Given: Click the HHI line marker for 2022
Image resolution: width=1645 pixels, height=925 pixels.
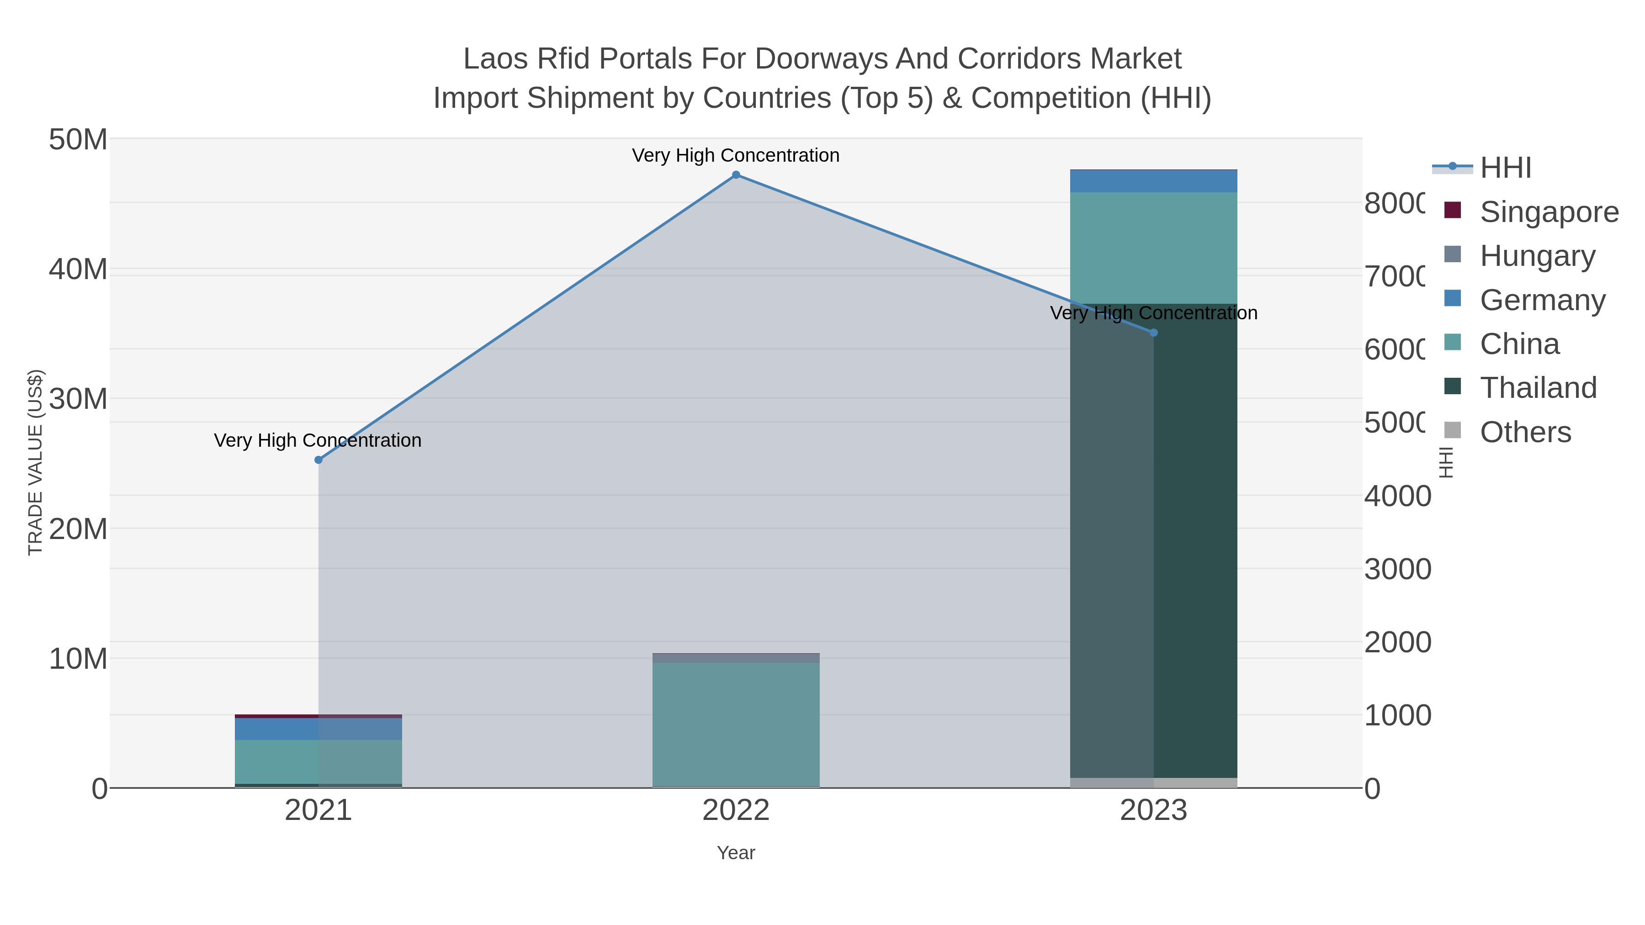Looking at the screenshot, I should [736, 175].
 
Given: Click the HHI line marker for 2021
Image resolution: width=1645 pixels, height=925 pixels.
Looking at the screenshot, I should [318, 460].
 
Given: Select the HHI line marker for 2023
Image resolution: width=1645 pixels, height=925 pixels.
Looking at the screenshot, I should [1153, 333].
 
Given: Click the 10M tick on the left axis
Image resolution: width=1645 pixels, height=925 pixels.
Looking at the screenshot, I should [78, 659].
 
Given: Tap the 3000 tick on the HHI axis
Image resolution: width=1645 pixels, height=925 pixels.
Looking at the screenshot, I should [1397, 570].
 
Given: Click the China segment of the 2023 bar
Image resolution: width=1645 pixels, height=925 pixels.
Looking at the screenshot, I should [1153, 248].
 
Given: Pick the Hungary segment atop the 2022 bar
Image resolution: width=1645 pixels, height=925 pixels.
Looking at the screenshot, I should [736, 657].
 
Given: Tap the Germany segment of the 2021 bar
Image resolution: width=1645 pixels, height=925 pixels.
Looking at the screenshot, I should [318, 729].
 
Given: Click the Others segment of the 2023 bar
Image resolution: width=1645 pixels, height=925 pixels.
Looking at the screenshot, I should [1153, 782].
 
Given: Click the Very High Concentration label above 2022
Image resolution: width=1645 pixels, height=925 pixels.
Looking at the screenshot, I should [736, 156].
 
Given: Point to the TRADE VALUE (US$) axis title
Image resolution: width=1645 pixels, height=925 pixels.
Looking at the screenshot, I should [35, 462].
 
